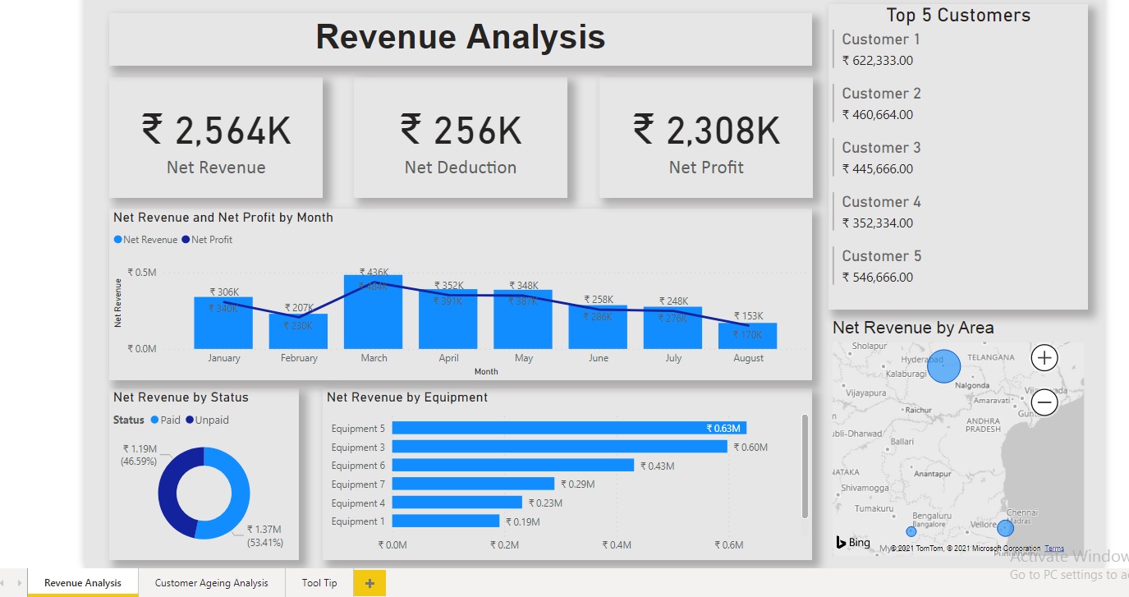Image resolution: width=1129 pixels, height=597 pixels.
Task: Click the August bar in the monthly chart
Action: coord(748,336)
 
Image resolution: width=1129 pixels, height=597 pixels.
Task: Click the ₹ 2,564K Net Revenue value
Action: coord(216,131)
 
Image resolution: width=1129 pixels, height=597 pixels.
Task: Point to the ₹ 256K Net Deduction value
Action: coord(461,131)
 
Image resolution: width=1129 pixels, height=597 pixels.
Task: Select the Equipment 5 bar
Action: coord(568,428)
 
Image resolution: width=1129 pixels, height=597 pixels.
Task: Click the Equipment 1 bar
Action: coord(445,521)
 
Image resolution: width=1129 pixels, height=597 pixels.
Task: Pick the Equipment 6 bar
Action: coord(512,466)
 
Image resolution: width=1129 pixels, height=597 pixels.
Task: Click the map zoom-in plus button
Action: coord(1044,358)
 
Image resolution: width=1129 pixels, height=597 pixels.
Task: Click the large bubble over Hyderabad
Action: coord(943,365)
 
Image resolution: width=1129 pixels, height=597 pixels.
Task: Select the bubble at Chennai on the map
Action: coord(1005,528)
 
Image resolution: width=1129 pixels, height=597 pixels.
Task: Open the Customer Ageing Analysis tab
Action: coord(211,583)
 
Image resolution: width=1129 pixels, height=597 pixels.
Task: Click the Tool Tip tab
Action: coord(319,583)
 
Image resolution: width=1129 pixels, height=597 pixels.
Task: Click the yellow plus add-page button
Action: coord(369,583)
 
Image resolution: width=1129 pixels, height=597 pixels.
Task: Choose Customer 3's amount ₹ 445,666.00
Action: coord(877,169)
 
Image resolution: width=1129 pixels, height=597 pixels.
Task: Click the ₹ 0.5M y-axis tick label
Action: coord(142,273)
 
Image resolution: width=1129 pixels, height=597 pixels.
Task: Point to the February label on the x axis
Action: coord(299,358)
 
